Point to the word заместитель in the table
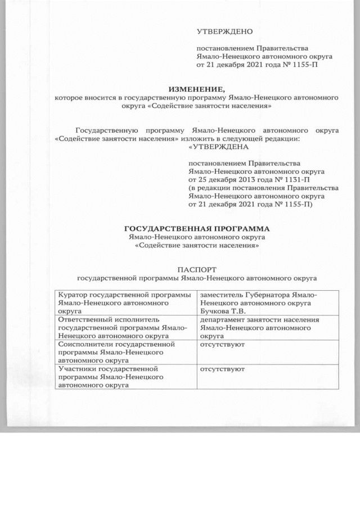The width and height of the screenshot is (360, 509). click(223, 294)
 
